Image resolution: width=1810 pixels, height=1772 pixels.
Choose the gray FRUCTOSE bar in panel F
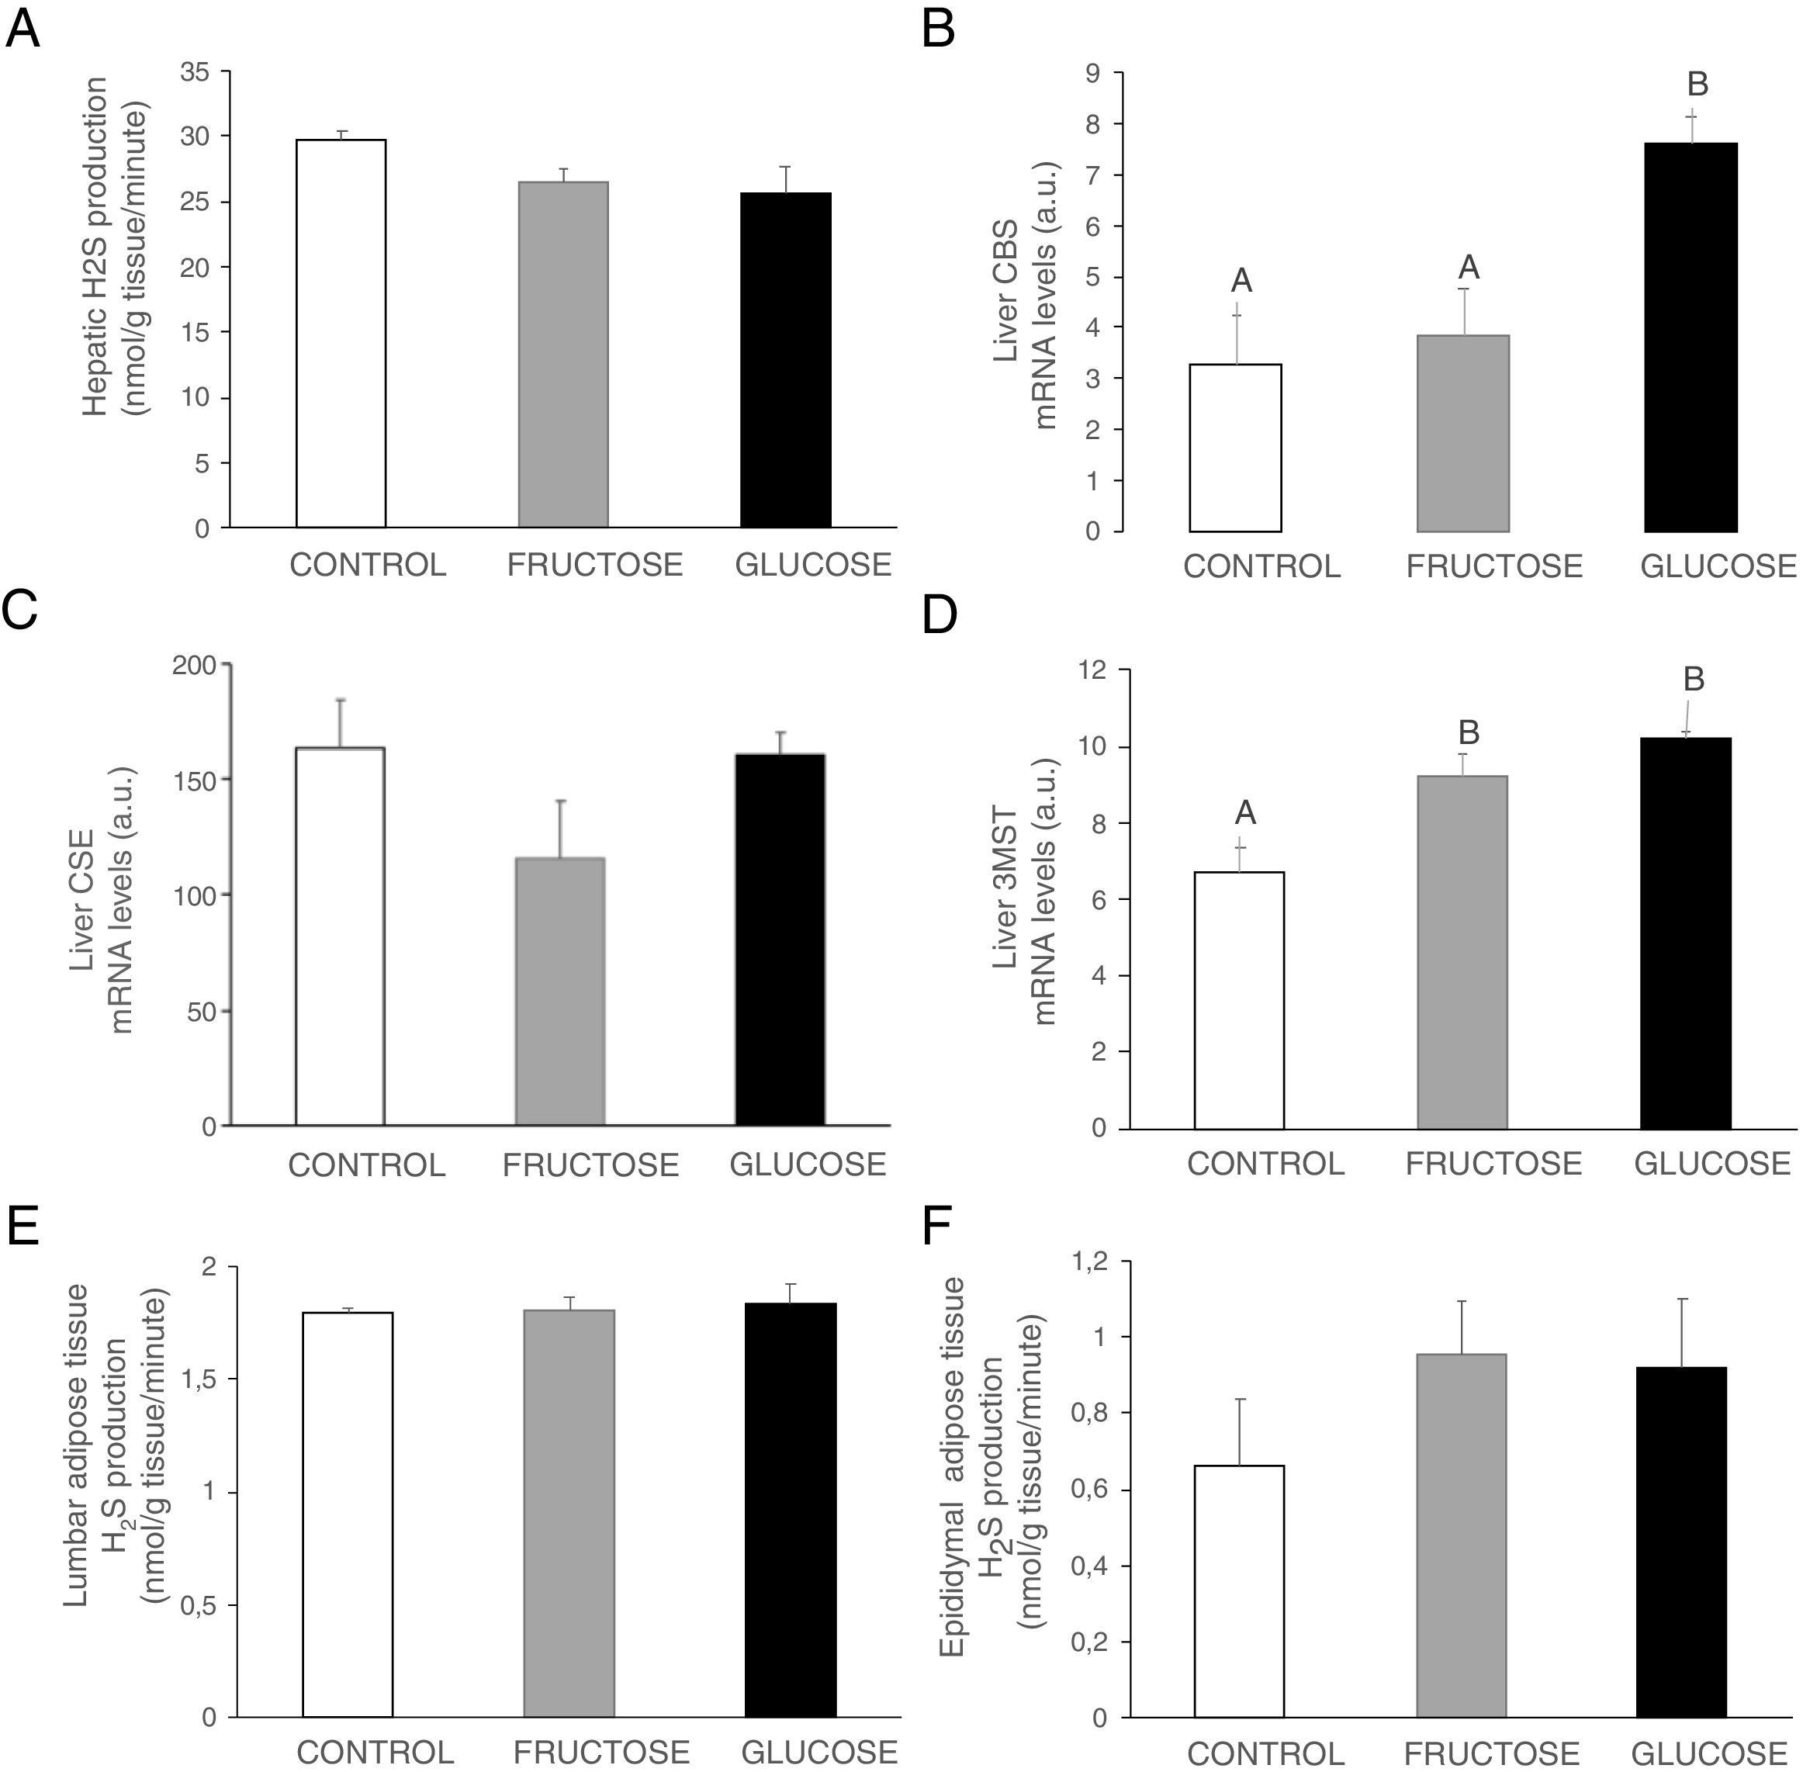[x=1462, y=1535]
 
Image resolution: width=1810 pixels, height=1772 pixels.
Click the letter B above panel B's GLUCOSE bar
[x=1698, y=85]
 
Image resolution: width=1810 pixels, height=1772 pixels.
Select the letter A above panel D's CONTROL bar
[x=1245, y=813]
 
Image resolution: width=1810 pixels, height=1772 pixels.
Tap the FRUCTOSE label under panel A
[x=594, y=565]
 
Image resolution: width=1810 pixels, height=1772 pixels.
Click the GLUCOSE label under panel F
[x=1709, y=1753]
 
